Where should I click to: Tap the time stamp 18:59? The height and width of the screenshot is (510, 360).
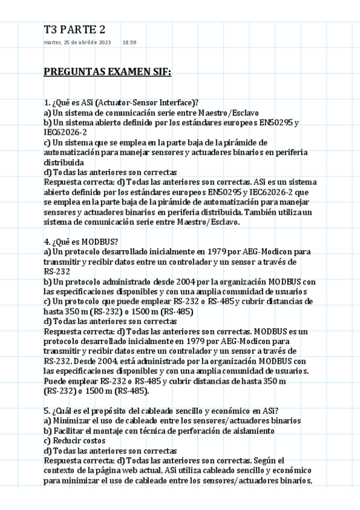click(x=129, y=43)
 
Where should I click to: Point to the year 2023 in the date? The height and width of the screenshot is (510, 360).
click(x=102, y=43)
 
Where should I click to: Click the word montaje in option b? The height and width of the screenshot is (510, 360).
click(x=105, y=431)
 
